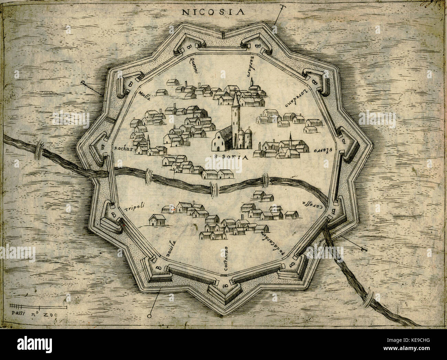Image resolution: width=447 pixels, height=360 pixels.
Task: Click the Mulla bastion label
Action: (x=143, y=95)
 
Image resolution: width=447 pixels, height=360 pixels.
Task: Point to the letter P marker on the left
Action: (x=83, y=83)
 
